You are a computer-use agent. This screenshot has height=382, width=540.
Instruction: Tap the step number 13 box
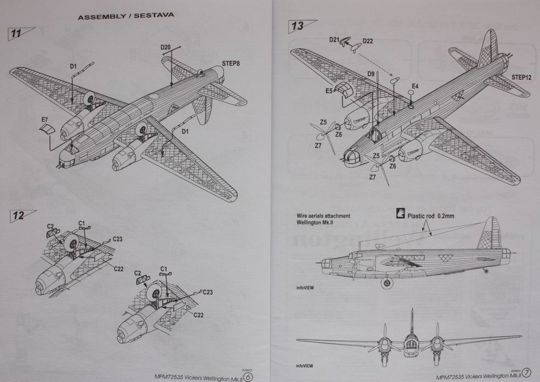tap(298, 26)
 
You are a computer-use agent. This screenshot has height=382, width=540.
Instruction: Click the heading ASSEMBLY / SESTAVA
tap(126, 16)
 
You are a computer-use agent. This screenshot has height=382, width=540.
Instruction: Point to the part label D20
tap(165, 47)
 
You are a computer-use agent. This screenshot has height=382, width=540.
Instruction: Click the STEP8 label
tap(230, 63)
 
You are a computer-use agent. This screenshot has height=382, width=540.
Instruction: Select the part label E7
tap(45, 120)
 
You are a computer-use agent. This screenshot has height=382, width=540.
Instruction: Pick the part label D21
tap(334, 40)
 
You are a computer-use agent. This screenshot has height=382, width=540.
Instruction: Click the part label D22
tap(368, 41)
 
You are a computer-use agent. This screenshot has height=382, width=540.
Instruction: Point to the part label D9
tap(371, 73)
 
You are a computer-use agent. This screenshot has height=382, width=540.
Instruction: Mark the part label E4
tap(415, 86)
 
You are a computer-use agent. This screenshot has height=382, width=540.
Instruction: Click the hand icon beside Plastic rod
tap(400, 215)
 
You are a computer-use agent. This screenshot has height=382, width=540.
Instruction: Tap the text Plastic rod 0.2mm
tap(431, 215)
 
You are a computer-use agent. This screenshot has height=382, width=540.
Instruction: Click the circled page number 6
tap(247, 374)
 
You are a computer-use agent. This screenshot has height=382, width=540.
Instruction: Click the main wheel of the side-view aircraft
tap(387, 283)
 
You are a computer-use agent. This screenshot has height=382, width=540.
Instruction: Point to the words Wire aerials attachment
tap(323, 216)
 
